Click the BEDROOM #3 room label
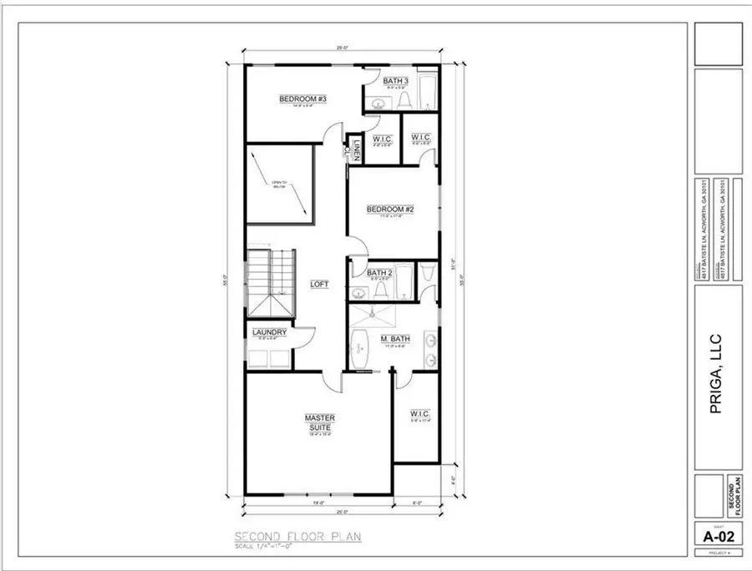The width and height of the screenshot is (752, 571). pos(302,99)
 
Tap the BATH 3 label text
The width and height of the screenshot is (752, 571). pos(394,81)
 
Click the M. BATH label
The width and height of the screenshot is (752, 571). pos(394,338)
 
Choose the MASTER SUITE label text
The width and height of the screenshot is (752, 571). pos(318,421)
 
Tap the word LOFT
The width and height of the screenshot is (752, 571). pos(319,284)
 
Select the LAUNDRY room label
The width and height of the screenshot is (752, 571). pos(269,332)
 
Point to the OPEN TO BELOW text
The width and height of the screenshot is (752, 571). pos(278,185)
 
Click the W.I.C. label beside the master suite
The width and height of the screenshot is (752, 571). pos(419,414)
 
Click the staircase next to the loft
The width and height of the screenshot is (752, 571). pos(271,283)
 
